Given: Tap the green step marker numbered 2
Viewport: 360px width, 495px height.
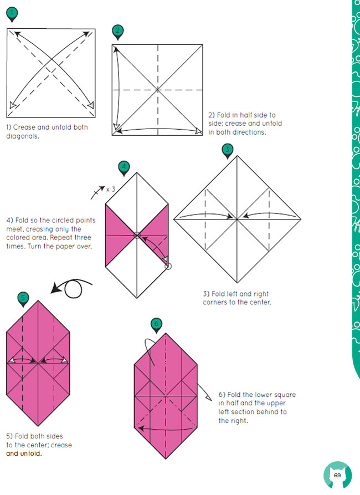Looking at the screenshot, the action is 117,32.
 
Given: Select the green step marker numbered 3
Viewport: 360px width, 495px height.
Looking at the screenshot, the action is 228,150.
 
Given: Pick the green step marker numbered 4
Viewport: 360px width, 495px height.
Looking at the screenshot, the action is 124,167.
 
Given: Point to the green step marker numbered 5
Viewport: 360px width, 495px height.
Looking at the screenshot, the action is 23,299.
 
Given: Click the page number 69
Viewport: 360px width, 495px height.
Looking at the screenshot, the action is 337,476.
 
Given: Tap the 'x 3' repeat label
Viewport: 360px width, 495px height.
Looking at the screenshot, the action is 111,190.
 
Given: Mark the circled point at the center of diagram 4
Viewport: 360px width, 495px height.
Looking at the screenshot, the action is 137,235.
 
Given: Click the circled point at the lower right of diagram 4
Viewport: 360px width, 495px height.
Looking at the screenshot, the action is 168,267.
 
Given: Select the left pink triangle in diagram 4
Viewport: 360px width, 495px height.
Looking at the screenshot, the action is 116,235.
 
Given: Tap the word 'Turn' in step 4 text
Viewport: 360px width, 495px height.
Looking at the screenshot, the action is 34,246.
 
